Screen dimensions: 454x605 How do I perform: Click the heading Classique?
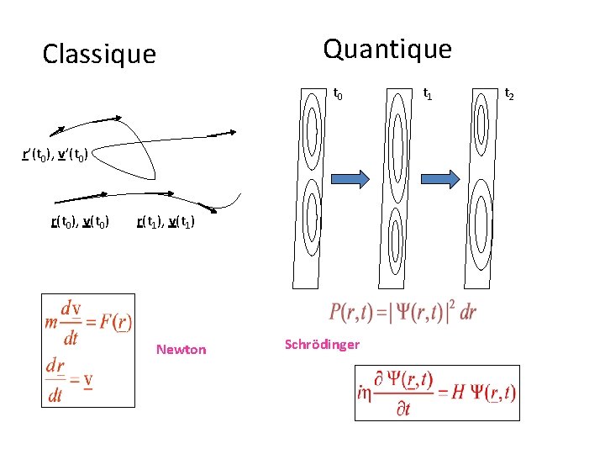[99, 55]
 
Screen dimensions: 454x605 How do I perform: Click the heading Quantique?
[387, 50]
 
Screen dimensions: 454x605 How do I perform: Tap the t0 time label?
[338, 94]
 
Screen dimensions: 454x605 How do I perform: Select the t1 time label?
[428, 94]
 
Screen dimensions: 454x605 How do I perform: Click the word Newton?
[181, 349]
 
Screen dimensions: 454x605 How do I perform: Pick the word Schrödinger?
[322, 344]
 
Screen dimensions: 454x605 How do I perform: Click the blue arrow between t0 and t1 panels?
[350, 178]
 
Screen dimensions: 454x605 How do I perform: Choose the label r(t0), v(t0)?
[80, 223]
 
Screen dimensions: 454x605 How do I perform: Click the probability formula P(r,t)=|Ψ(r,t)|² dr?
[402, 313]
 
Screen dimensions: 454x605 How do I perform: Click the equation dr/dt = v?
[70, 379]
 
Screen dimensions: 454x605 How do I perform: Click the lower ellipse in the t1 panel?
[400, 235]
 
